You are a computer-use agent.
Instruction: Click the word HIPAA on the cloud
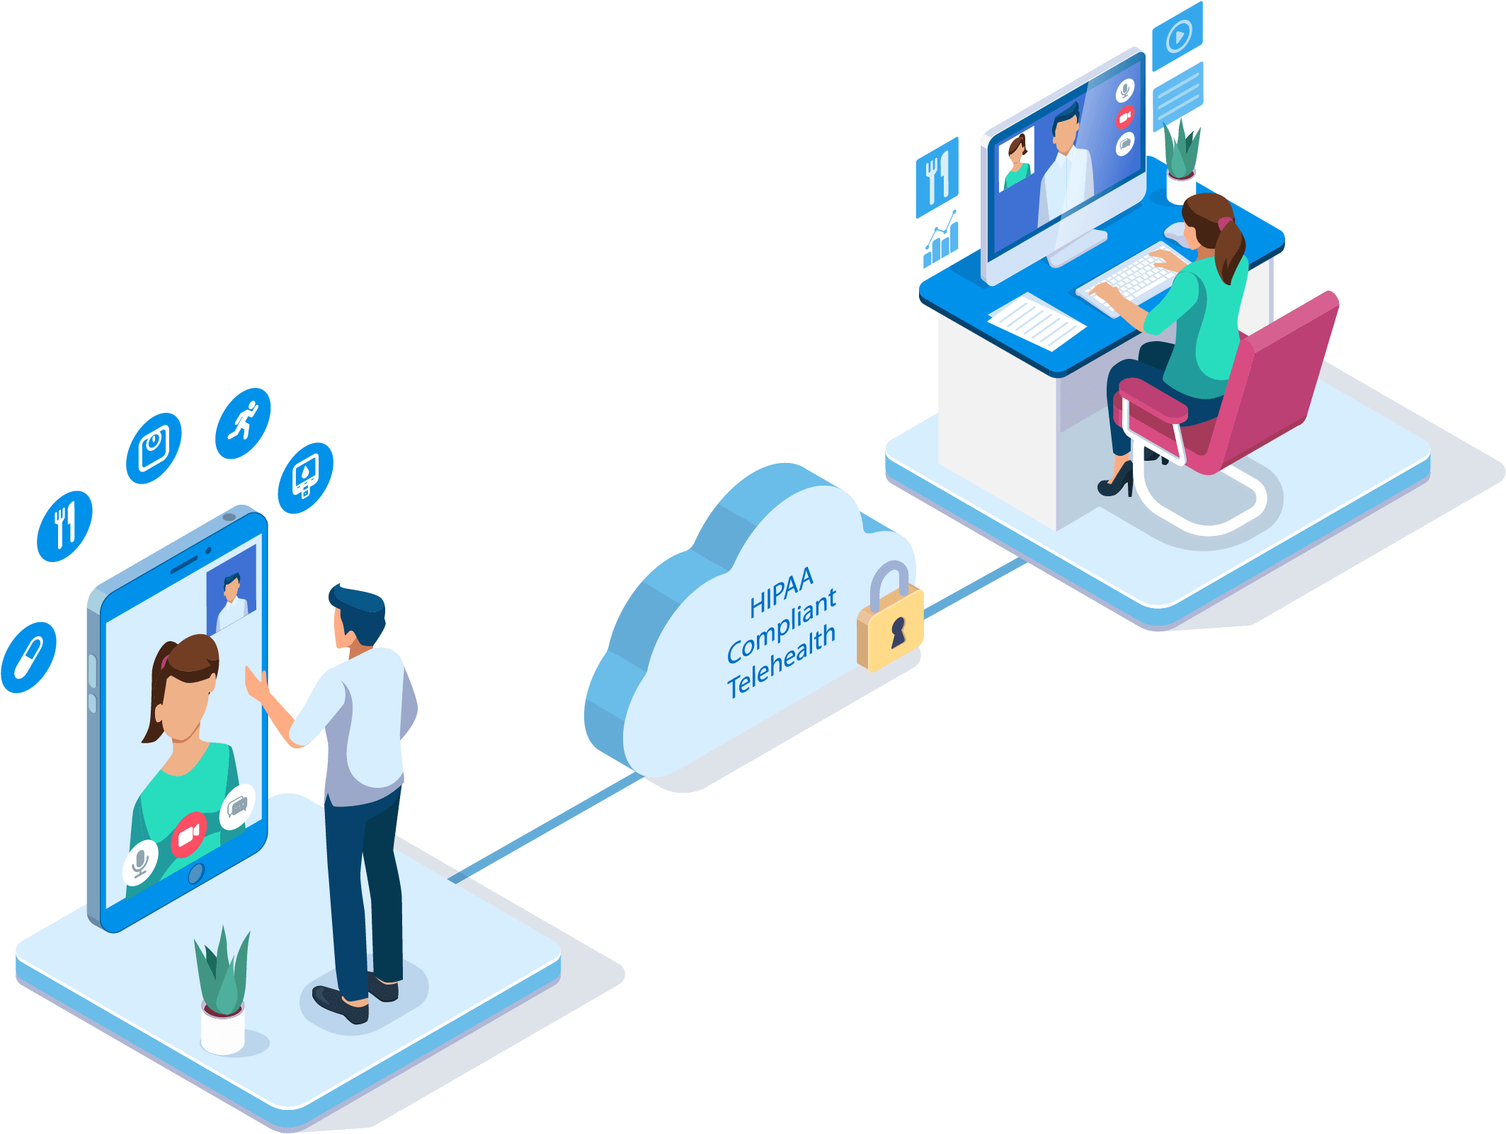pyautogui.click(x=781, y=592)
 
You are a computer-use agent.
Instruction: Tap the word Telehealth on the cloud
pyautogui.click(x=781, y=662)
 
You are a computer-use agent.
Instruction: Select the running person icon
pyautogui.click(x=243, y=423)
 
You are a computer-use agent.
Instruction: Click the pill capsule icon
pyautogui.click(x=29, y=658)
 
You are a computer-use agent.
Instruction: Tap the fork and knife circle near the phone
pyautogui.click(x=64, y=526)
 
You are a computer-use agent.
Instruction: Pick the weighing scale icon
pyautogui.click(x=154, y=448)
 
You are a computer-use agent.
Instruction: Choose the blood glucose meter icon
pyautogui.click(x=306, y=478)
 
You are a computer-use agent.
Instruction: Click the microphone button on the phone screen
pyautogui.click(x=140, y=862)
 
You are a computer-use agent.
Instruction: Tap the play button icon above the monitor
pyautogui.click(x=1177, y=36)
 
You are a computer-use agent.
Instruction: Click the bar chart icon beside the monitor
pyautogui.click(x=941, y=239)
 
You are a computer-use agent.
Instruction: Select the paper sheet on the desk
pyautogui.click(x=1037, y=321)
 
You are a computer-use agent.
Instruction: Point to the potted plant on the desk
pyautogui.click(x=1181, y=160)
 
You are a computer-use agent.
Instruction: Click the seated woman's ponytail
pyautogui.click(x=1231, y=251)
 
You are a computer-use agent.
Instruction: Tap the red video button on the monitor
pyautogui.click(x=1124, y=117)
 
